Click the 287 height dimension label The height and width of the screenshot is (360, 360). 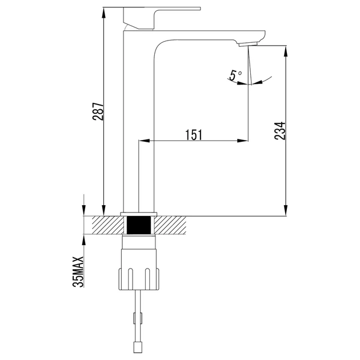pyautogui.click(x=98, y=111)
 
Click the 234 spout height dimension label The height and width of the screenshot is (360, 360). pyautogui.click(x=280, y=131)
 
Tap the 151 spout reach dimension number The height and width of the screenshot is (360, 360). pyautogui.click(x=194, y=135)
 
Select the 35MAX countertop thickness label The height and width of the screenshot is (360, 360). pyautogui.click(x=78, y=271)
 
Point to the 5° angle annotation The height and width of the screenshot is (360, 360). pyautogui.click(x=235, y=75)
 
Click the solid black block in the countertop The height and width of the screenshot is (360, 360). pyautogui.click(x=139, y=225)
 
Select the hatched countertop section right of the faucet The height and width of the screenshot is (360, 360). pyautogui.click(x=170, y=225)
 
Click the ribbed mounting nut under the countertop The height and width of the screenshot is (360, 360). pyautogui.click(x=139, y=279)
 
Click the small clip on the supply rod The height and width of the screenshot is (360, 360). pyautogui.click(x=138, y=318)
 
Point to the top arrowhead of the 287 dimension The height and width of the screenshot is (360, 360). pyautogui.click(x=104, y=13)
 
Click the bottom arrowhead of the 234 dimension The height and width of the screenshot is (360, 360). pyautogui.click(x=286, y=210)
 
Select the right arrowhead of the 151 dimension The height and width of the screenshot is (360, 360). pyautogui.click(x=243, y=141)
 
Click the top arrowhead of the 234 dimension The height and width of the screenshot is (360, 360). pyautogui.click(x=286, y=51)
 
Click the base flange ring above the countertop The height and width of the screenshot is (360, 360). pyautogui.click(x=139, y=214)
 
